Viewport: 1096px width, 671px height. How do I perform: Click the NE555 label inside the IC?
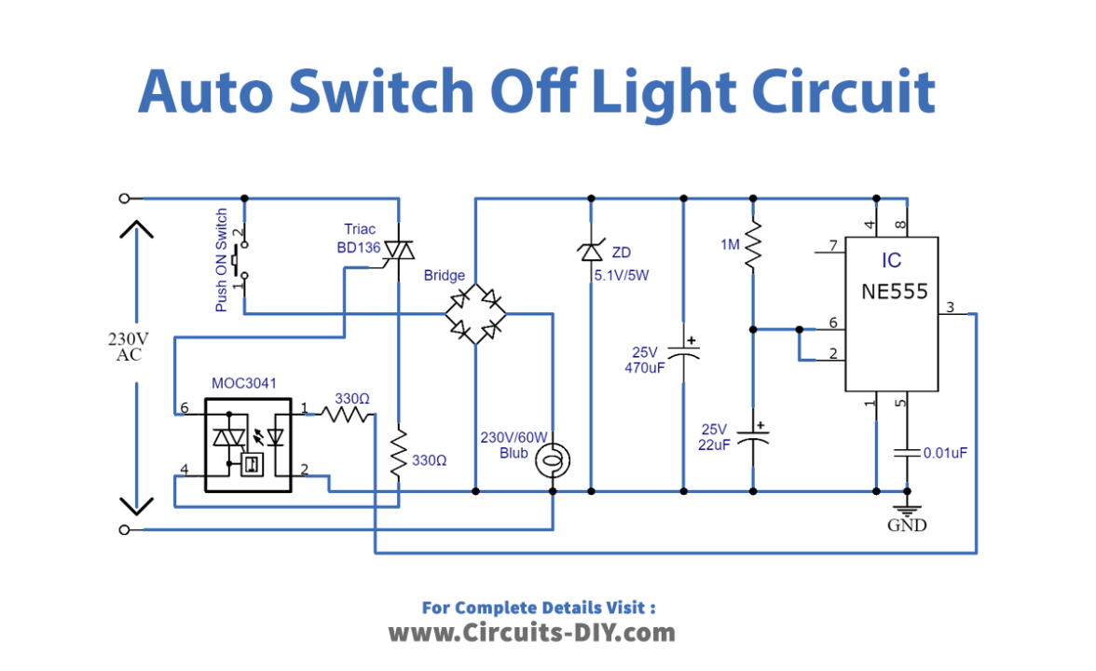(x=894, y=292)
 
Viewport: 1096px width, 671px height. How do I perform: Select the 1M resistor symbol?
(x=753, y=245)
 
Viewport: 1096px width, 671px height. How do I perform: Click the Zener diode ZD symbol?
(x=591, y=250)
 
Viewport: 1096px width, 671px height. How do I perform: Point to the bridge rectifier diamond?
(x=475, y=313)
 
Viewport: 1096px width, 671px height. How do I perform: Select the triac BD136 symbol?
(x=399, y=251)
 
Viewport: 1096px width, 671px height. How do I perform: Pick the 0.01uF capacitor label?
(x=945, y=453)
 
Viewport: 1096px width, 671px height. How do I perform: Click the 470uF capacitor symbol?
(x=684, y=353)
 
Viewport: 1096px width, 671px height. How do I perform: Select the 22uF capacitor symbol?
(x=753, y=434)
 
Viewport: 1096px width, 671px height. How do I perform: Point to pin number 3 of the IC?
(x=950, y=308)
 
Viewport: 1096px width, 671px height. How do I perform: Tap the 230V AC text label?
(x=129, y=346)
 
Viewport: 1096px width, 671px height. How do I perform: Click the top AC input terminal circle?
(x=125, y=198)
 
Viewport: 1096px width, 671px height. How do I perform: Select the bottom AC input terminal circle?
(x=125, y=529)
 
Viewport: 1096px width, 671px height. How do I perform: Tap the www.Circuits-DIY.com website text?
(x=531, y=633)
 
